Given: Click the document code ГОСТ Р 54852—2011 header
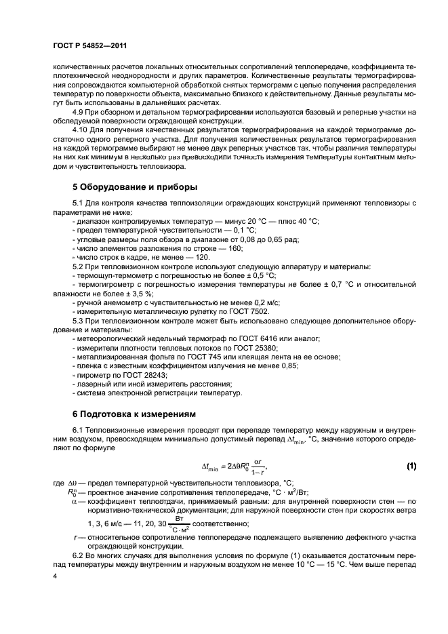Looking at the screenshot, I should pos(85,45).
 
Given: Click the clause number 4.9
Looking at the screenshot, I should pos(77,111).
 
